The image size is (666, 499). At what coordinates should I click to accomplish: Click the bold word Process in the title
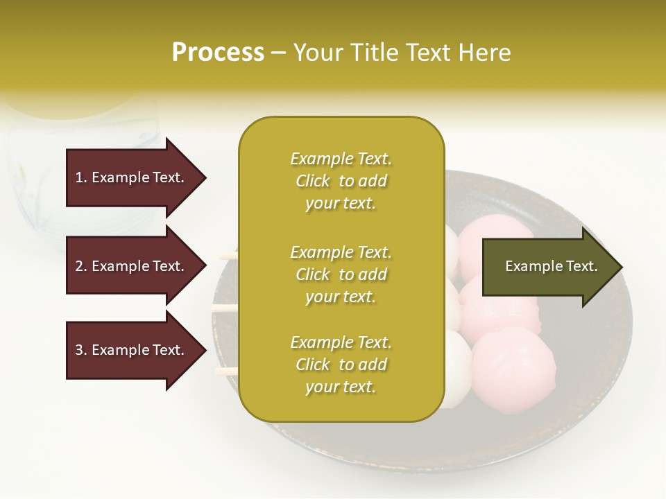tap(218, 52)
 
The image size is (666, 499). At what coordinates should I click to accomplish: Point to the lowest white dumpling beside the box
tap(458, 367)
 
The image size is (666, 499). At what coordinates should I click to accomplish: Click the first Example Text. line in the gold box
tap(341, 159)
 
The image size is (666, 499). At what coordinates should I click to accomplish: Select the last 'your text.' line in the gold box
tap(341, 387)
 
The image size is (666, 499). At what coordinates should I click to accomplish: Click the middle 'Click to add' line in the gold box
tap(341, 274)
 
